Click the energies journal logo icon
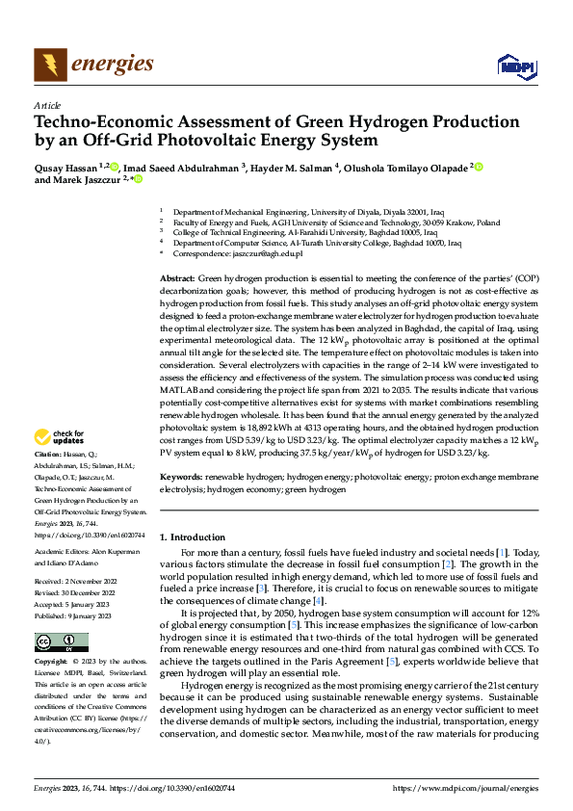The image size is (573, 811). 49,65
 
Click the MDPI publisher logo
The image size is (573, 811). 514,65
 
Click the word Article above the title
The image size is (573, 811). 47,105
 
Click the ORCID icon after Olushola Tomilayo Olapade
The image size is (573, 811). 479,167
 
